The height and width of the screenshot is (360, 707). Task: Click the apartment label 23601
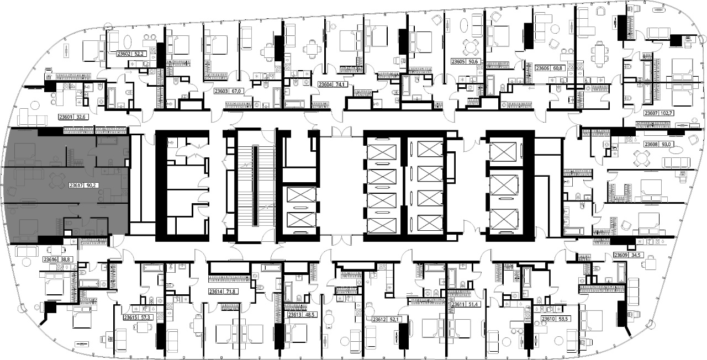click(66, 117)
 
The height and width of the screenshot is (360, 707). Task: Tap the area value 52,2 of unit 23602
click(139, 54)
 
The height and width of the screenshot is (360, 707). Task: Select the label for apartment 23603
click(221, 91)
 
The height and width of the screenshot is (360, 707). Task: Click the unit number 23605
click(458, 61)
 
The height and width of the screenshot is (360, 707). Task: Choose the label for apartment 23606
click(542, 68)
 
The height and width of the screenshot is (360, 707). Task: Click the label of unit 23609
click(621, 255)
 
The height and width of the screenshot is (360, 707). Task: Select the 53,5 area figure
click(563, 319)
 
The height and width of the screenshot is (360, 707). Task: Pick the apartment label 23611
click(458, 304)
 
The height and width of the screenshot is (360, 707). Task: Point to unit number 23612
click(379, 320)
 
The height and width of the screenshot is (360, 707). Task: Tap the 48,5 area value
click(310, 315)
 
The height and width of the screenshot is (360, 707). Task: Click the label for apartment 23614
click(215, 292)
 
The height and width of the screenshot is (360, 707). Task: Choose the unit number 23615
click(130, 317)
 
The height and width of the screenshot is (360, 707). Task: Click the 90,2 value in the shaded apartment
click(91, 186)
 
